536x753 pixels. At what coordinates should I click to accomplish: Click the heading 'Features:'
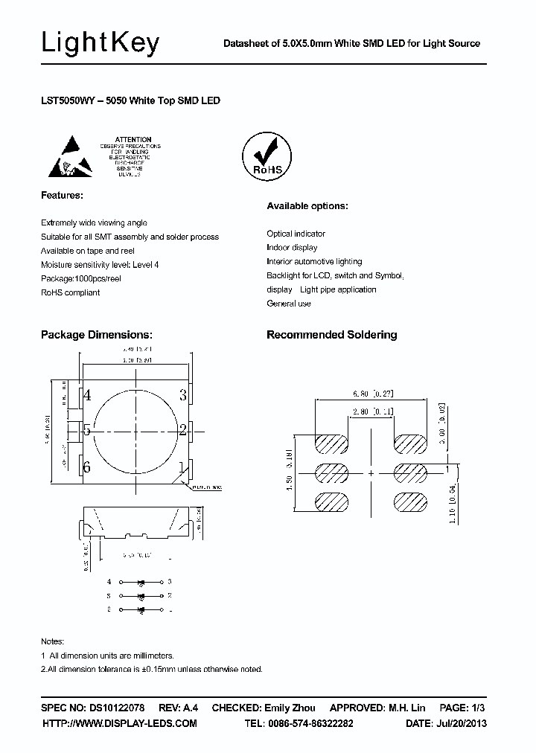pos(62,195)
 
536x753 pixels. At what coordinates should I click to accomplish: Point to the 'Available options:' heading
pos(307,206)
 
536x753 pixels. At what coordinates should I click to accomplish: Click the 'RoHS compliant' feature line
pos(70,292)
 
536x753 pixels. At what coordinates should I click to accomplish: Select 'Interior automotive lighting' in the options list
pos(314,261)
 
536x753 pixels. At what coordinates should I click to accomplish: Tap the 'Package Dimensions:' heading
pos(97,335)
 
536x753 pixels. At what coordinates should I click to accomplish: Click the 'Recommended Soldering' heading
pos(331,335)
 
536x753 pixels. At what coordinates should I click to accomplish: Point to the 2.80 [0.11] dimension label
pos(373,411)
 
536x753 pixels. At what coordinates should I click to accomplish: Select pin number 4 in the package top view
pos(87,395)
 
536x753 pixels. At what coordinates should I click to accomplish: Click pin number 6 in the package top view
pos(87,467)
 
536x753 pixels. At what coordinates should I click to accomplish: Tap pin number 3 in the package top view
pos(182,395)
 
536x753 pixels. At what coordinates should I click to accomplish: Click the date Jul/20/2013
pos(457,723)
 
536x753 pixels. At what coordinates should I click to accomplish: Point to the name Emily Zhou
pos(290,708)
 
